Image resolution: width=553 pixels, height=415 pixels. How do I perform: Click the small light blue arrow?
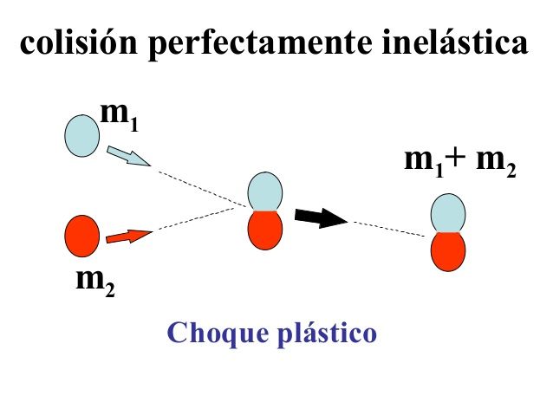click(x=127, y=158)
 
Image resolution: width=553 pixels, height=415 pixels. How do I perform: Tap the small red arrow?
click(x=127, y=235)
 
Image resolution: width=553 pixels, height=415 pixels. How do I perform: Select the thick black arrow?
click(x=319, y=217)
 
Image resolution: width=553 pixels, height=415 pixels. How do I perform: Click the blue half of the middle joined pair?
click(x=266, y=191)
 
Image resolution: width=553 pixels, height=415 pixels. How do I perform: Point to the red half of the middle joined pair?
click(x=265, y=230)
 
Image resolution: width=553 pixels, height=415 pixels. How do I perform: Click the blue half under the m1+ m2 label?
click(x=448, y=213)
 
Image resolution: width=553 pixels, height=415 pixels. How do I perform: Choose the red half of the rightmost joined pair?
click(x=448, y=251)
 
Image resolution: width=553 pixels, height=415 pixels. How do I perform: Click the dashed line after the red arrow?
click(x=199, y=219)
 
